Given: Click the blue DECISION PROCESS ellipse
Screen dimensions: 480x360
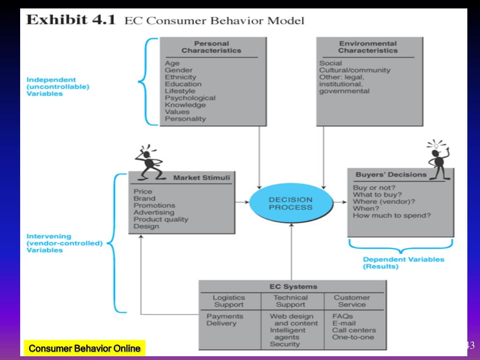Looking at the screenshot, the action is [x=291, y=203].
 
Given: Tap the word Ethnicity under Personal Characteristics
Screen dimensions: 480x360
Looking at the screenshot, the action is [x=180, y=77].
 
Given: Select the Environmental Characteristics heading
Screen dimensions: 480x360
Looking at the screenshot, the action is [x=367, y=47].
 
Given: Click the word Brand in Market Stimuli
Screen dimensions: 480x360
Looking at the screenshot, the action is [x=144, y=198].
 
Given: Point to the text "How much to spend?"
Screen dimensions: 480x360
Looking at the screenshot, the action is [x=391, y=216].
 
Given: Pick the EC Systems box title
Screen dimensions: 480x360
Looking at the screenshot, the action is [x=293, y=286].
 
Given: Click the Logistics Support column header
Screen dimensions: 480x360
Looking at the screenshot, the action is [x=229, y=301].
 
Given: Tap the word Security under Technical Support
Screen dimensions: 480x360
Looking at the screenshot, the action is [x=285, y=344].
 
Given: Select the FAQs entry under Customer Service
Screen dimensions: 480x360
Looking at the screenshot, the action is [x=342, y=316].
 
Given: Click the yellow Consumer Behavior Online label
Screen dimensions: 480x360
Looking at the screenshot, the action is [x=84, y=348].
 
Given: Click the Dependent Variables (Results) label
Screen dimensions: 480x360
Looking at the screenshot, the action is [x=403, y=262].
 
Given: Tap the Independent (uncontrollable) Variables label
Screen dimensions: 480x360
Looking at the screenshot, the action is [x=58, y=87].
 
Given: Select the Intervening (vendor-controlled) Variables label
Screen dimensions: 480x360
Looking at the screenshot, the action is [x=64, y=243].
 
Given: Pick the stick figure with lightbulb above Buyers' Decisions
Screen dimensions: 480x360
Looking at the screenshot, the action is [x=439, y=160].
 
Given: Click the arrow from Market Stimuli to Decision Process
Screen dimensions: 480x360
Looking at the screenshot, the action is [x=242, y=202].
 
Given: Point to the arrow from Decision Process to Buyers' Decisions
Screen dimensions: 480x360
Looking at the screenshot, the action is [x=340, y=202].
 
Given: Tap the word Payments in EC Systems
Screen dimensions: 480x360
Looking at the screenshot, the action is [x=225, y=316].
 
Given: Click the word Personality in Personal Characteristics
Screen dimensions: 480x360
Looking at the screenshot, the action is [x=185, y=119].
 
